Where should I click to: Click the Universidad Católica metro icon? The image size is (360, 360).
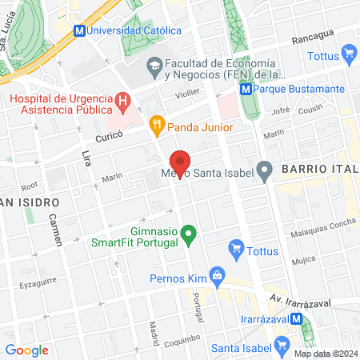tap(79, 30)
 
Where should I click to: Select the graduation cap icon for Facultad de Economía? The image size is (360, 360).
tap(153, 70)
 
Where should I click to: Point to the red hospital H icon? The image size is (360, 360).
tap(122, 102)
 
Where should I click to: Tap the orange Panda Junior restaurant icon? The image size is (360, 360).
tap(157, 126)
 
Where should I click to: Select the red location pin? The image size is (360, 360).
tap(181, 164)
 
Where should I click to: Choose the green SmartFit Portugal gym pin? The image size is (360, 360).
tap(189, 235)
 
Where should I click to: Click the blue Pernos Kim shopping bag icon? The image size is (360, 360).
tap(216, 278)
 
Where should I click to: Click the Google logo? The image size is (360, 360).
tap(26, 350)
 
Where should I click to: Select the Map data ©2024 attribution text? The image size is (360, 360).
tap(325, 354)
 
